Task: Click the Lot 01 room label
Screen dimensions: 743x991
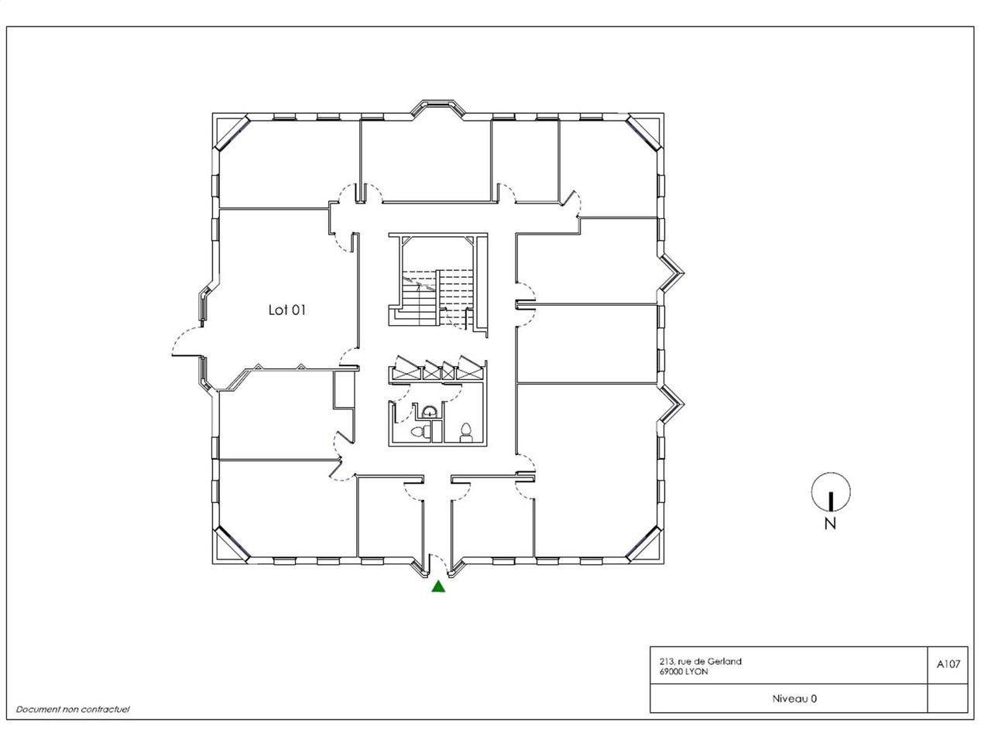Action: coord(287,310)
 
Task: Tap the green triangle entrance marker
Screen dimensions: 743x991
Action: coord(438,587)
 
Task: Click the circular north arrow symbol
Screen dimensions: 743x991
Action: coord(831,493)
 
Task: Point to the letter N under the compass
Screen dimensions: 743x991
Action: coord(830,524)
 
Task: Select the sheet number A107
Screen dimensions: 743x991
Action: coord(948,663)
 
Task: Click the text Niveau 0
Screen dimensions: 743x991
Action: coord(794,698)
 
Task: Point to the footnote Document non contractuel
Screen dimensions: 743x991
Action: coord(73,709)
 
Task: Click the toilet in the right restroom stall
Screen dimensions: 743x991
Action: coord(466,432)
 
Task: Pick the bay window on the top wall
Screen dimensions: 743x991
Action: coord(438,108)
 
